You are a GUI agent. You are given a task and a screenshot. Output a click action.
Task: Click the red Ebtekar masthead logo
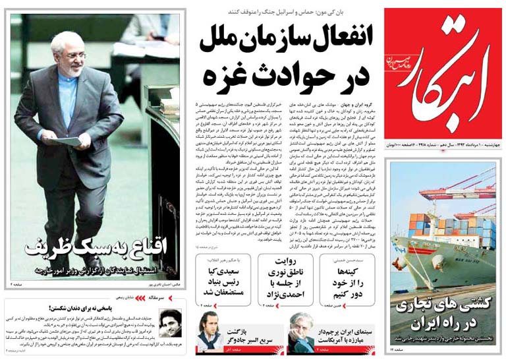(x=443, y=73)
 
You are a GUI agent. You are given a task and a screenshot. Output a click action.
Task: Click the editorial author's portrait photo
(x=170, y=324)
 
